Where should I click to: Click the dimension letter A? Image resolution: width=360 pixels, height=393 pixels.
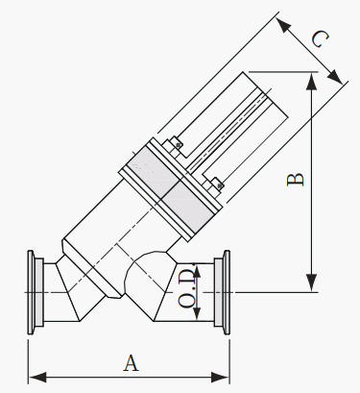coord(132,363)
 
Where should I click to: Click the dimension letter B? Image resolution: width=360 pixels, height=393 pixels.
coord(296,180)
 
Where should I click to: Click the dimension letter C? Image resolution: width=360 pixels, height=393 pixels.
coord(320,39)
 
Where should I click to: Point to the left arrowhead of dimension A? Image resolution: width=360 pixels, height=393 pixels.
coord(37,377)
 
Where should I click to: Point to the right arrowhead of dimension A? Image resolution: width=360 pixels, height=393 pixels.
coord(221,377)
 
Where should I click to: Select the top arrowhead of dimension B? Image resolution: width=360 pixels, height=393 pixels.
coord(311,82)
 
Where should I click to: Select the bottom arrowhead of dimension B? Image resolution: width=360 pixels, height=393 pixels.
coord(311,282)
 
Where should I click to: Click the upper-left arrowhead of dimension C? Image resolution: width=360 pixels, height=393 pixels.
coord(283,25)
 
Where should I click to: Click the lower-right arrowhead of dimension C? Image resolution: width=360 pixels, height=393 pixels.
coord(335,76)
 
